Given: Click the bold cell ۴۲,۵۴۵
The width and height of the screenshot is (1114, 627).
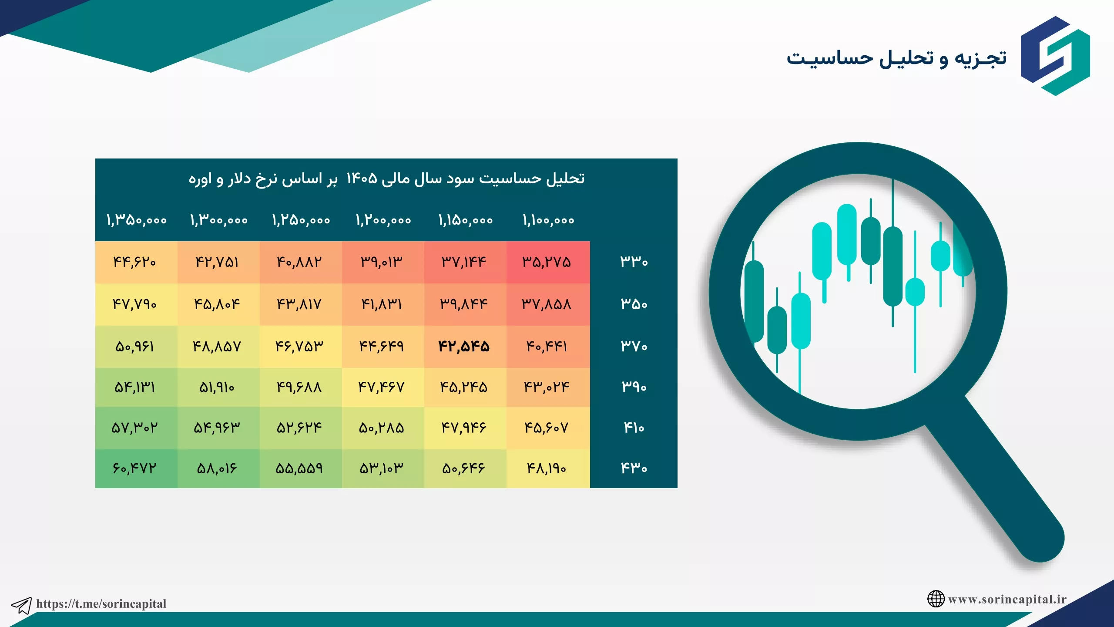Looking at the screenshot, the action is (464, 347).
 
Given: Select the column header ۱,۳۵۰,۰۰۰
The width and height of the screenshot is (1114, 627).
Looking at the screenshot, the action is (137, 220).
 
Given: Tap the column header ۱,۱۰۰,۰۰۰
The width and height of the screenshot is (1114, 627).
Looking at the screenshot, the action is (548, 220).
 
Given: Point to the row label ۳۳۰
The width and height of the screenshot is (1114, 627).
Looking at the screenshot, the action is (634, 262).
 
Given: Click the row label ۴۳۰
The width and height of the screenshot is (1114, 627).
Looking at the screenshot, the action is (634, 469).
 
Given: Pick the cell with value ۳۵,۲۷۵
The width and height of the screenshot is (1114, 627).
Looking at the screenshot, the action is (547, 262).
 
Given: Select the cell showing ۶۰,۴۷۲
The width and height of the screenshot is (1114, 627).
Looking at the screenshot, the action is (134, 469).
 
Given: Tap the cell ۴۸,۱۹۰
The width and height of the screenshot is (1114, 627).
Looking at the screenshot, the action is (547, 469).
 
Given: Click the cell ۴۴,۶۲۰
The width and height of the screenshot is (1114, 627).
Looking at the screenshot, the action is (134, 262).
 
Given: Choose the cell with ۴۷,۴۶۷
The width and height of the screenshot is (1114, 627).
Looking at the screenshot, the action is (382, 387).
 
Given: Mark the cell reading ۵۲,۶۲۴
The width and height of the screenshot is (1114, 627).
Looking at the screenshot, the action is (299, 428).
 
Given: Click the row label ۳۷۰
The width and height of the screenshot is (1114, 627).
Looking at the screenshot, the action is (634, 347).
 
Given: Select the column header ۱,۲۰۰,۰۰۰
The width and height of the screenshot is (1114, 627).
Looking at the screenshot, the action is (383, 220).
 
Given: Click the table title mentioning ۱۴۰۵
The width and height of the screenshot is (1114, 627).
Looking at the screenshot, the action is (386, 179).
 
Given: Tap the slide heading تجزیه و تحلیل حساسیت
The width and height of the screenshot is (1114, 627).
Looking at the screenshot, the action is (896, 58).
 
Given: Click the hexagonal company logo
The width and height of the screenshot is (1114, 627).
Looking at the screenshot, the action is (1055, 56).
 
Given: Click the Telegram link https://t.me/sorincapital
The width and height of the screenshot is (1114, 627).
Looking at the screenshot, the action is (101, 603).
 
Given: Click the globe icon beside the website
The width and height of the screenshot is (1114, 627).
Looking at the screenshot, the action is (936, 599).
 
